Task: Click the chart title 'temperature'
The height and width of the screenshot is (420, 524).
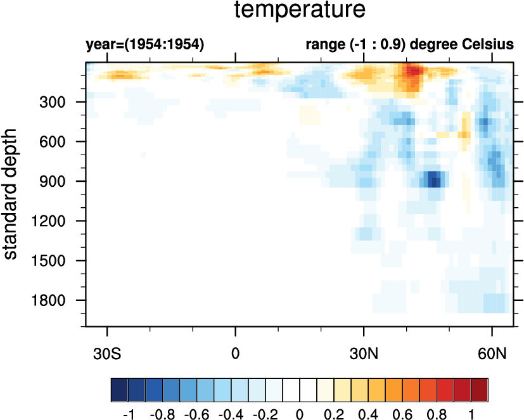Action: click(300, 11)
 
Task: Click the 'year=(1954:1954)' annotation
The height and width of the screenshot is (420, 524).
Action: click(144, 45)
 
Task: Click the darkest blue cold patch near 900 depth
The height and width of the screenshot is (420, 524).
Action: click(433, 181)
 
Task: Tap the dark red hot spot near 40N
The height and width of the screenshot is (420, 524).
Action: click(412, 70)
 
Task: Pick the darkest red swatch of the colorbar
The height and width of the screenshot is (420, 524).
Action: click(480, 387)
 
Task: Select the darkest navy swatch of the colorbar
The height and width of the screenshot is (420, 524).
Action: click(119, 387)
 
